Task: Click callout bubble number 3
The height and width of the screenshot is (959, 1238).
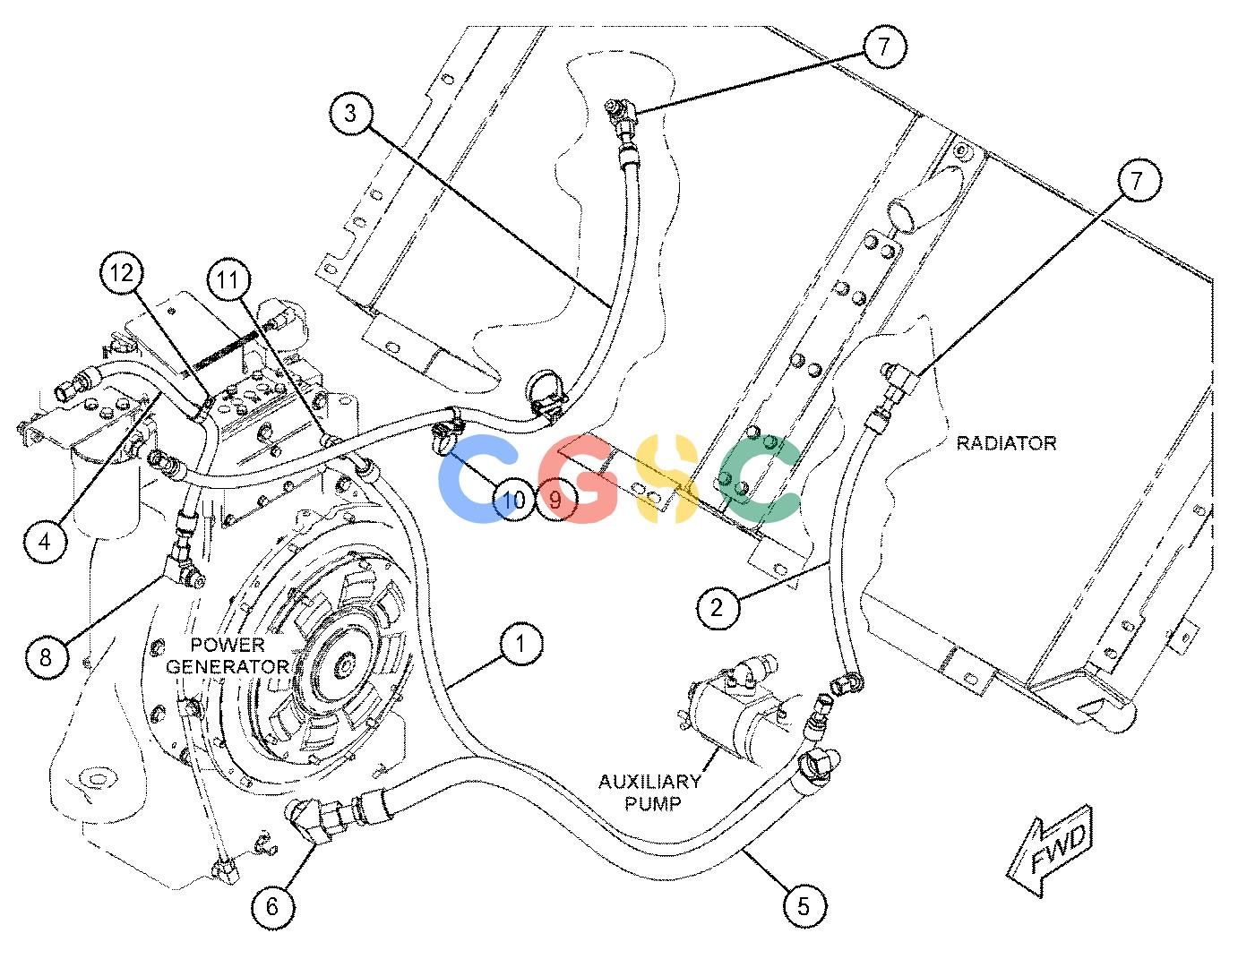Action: (x=350, y=114)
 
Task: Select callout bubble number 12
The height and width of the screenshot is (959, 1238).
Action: (x=121, y=273)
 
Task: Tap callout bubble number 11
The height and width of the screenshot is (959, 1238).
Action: (x=228, y=280)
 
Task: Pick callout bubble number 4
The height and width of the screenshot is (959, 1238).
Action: (x=45, y=542)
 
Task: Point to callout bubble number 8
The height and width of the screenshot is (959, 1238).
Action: (x=47, y=658)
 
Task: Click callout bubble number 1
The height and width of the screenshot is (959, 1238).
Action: (x=520, y=644)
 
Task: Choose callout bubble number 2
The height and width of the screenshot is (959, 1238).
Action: (x=718, y=608)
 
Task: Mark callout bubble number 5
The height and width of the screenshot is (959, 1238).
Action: (x=804, y=906)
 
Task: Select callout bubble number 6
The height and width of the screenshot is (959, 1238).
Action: (x=273, y=906)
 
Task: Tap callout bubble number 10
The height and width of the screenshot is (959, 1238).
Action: (x=514, y=500)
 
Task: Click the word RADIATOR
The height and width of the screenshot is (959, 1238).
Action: (x=1006, y=443)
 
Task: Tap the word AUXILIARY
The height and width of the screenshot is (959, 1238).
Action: (x=649, y=782)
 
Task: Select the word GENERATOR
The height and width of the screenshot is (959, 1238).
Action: (x=228, y=666)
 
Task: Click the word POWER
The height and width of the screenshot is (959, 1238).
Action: (x=228, y=646)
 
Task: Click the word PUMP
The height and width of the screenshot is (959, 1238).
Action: (x=653, y=803)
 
